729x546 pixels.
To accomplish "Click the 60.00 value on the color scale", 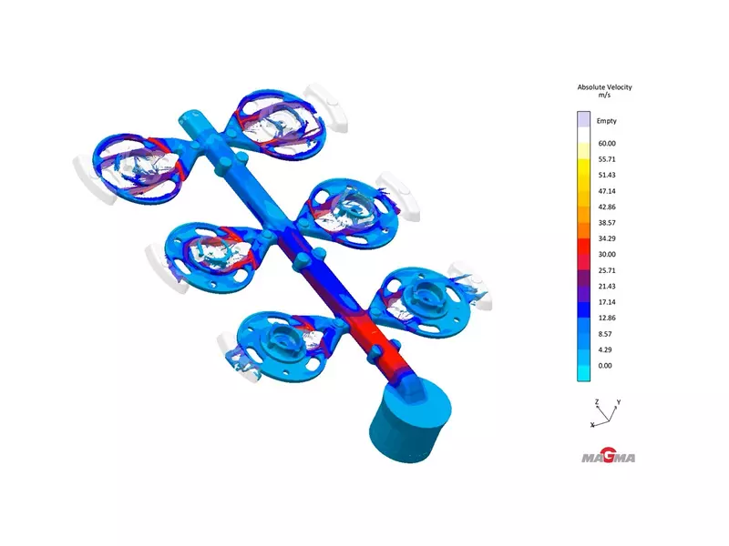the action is tap(607, 144).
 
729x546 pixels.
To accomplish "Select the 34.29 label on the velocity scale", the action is tap(607, 238).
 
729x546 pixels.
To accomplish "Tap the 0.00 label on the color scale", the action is tap(605, 366).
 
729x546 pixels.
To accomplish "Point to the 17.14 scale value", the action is tap(607, 302).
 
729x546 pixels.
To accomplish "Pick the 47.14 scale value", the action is tap(607, 191).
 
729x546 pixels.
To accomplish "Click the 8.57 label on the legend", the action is tap(605, 334).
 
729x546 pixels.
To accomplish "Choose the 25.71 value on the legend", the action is tap(607, 270).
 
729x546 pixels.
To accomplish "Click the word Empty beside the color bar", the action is tap(606, 121).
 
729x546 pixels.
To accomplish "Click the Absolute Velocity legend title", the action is tap(604, 87).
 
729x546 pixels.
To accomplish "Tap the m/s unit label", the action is tap(604, 96).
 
